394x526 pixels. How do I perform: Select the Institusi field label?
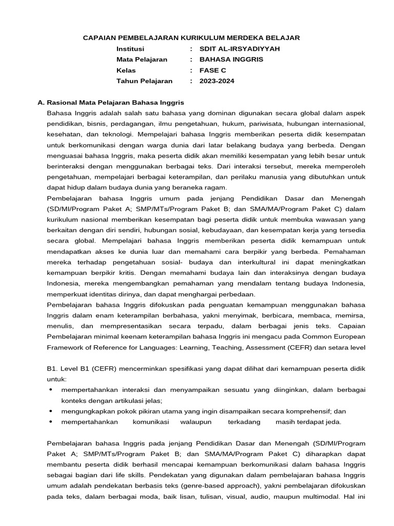click(130, 49)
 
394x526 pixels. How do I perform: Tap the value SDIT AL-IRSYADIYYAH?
click(240, 49)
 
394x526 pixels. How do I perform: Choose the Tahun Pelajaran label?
click(144, 81)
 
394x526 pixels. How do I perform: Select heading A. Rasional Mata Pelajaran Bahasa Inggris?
click(111, 103)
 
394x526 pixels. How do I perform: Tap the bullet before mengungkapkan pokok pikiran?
click(50, 411)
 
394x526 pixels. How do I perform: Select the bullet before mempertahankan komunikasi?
click(50, 422)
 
